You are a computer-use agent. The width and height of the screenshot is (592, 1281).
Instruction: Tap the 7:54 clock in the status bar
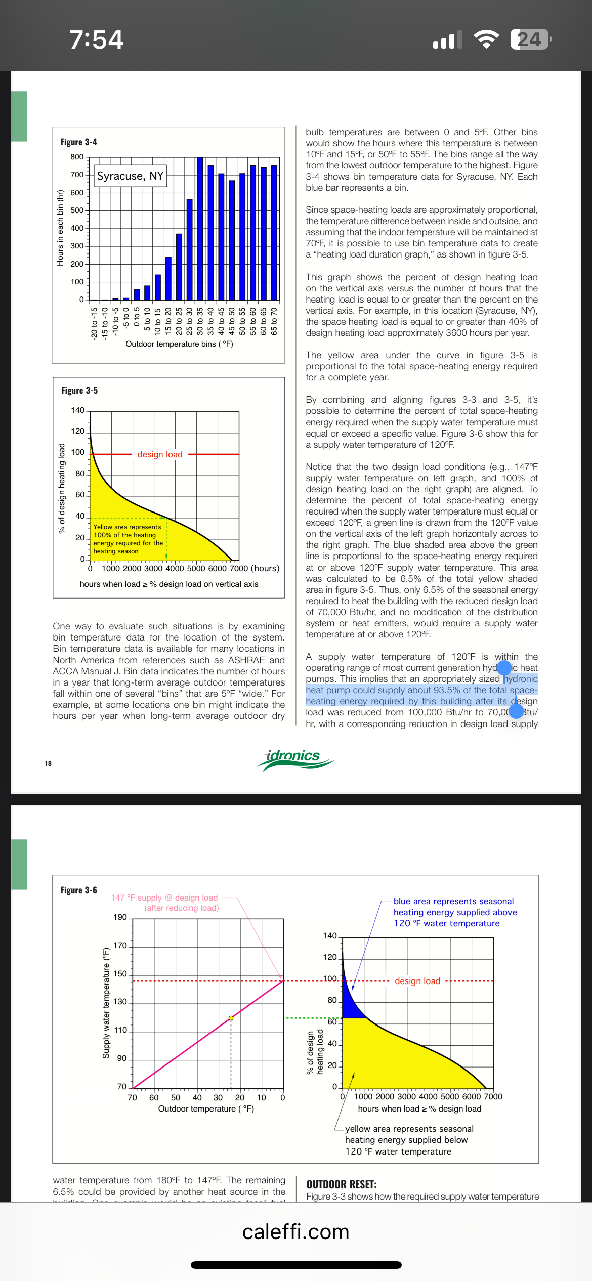(96, 39)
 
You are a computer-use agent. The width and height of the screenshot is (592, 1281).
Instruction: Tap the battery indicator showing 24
(530, 39)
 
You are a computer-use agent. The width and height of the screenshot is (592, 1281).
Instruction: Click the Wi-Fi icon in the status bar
(486, 39)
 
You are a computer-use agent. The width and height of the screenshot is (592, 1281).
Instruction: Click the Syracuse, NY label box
(130, 176)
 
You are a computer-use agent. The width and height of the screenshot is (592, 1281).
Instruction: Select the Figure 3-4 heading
(78, 142)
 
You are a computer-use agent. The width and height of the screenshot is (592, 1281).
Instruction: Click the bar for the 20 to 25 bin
(179, 267)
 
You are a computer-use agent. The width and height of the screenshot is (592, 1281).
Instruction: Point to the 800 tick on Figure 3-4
(77, 157)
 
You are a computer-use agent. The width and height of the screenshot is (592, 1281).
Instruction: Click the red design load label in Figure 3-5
(160, 454)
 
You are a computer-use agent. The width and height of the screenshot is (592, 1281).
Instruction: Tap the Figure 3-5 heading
(79, 391)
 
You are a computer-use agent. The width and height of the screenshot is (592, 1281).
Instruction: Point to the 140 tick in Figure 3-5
(77, 410)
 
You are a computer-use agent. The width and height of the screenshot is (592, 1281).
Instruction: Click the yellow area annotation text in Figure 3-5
(128, 539)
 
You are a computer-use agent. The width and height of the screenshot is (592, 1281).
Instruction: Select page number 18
(48, 763)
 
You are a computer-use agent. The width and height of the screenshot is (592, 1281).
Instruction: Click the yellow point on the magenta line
(231, 1018)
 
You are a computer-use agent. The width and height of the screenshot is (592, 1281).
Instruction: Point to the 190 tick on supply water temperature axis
(120, 917)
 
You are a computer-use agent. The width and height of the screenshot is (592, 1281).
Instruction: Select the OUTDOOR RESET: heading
(341, 1184)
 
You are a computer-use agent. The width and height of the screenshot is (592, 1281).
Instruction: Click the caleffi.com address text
(295, 1232)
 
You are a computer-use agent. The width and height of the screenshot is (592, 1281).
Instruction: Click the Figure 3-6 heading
(78, 890)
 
